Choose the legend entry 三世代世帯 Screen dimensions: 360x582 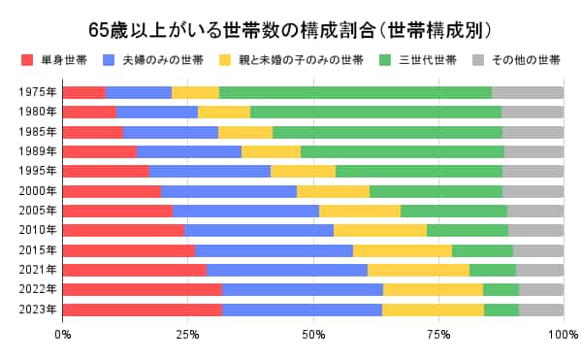click(x=428, y=60)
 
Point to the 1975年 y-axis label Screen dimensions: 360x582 click(x=37, y=93)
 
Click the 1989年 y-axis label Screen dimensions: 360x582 click(x=37, y=151)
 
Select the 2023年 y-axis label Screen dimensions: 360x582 click(x=37, y=311)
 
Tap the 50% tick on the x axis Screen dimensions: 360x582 click(x=313, y=335)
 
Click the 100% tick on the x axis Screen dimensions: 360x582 click(x=563, y=335)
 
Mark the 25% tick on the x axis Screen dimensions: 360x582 click(x=188, y=335)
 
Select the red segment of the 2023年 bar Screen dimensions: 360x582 click(x=143, y=311)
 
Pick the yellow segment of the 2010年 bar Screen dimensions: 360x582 click(x=380, y=230)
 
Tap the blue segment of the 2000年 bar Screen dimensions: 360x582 click(x=229, y=191)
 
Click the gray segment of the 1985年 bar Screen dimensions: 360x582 click(x=533, y=132)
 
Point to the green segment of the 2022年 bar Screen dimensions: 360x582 click(x=501, y=289)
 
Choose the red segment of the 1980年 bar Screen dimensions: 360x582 click(x=76, y=112)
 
